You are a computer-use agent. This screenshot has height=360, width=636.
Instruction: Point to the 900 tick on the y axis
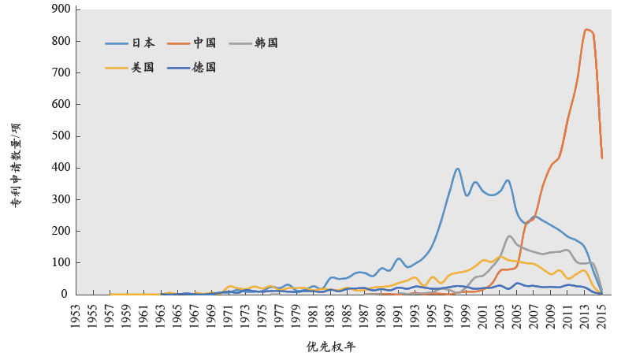click(61, 9)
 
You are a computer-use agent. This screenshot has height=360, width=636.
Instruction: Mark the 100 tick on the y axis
click(61, 262)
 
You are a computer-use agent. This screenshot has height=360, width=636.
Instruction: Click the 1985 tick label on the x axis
click(348, 313)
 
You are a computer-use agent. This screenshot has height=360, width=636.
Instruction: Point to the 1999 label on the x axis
click(467, 313)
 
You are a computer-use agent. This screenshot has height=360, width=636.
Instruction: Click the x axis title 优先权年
click(337, 347)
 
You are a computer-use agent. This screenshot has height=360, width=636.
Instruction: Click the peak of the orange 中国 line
click(586, 30)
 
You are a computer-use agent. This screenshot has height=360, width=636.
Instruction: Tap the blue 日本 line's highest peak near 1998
click(458, 169)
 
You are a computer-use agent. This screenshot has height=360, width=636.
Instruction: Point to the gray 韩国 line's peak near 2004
click(510, 236)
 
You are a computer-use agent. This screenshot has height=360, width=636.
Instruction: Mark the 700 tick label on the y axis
click(61, 72)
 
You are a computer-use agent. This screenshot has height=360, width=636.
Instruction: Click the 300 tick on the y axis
click(61, 199)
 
